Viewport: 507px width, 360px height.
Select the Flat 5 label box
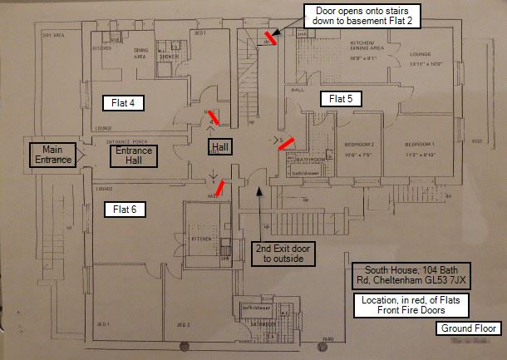tap(341, 99)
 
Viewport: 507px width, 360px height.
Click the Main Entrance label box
tap(52, 154)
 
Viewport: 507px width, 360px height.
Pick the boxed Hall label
tap(219, 147)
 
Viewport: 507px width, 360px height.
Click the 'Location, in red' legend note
tap(411, 305)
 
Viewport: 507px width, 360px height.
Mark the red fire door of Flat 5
tap(286, 144)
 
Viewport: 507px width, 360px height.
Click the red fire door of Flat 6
tap(220, 190)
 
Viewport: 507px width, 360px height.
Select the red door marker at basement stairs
tap(270, 36)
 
